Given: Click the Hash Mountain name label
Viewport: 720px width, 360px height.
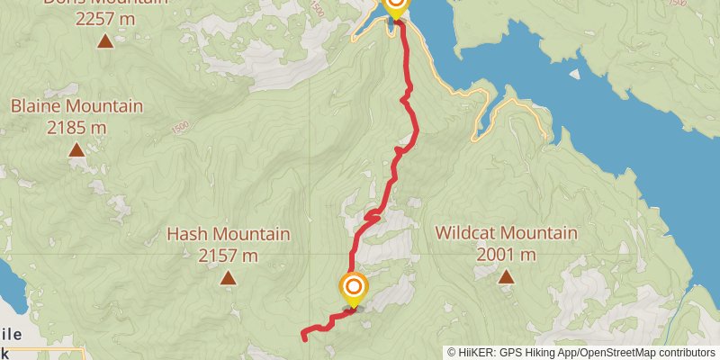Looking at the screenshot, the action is click(x=229, y=234).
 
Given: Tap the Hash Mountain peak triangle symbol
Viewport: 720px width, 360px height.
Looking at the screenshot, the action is click(x=229, y=278).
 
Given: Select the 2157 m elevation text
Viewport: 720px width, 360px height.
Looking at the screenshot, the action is click(x=229, y=255).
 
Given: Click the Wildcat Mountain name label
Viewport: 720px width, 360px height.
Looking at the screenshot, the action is click(x=506, y=233).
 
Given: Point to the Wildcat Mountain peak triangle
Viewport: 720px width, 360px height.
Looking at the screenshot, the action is click(x=506, y=277).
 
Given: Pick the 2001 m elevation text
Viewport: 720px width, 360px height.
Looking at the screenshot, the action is click(x=506, y=255).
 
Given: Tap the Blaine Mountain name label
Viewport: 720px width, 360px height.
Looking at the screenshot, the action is click(x=76, y=106).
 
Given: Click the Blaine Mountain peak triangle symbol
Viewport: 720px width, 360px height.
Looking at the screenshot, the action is click(x=76, y=150).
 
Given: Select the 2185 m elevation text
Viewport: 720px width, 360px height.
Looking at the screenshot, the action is click(x=76, y=127).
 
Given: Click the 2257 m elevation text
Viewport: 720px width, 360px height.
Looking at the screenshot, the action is click(x=105, y=17).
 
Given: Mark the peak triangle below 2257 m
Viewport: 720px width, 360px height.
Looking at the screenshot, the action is click(x=105, y=40).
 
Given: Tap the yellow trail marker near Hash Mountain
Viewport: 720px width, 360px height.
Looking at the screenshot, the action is click(x=353, y=288).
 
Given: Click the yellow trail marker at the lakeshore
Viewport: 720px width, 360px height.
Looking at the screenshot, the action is click(x=395, y=6).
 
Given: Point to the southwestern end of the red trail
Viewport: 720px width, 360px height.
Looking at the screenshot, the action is click(x=304, y=338).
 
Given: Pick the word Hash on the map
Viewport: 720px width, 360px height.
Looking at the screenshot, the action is click(x=186, y=234).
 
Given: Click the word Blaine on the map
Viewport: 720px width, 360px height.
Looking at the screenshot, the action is click(x=35, y=106).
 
